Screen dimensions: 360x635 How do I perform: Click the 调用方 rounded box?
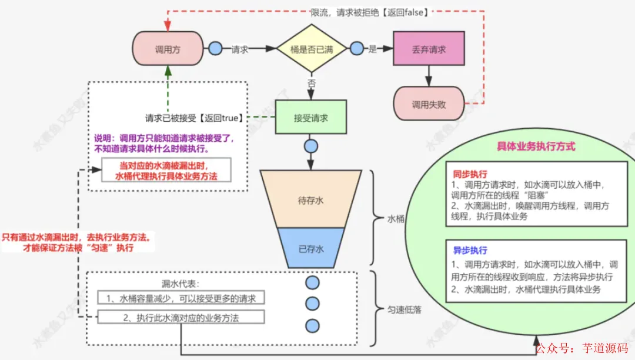[168, 49]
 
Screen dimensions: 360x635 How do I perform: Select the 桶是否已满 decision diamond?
[312, 49]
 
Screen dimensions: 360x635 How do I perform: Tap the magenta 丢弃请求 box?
[429, 49]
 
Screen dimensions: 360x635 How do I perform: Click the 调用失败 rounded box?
[429, 105]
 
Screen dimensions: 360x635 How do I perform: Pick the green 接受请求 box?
[311, 118]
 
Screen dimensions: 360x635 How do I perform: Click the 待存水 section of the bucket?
[311, 200]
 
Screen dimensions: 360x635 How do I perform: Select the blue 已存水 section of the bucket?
[311, 248]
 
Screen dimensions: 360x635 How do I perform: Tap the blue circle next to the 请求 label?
[215, 49]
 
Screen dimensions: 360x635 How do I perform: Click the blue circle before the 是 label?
[356, 49]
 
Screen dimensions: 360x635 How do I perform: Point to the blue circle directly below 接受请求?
[311, 146]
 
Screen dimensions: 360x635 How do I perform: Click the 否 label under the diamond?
[311, 84]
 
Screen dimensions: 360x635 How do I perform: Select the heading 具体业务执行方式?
[536, 146]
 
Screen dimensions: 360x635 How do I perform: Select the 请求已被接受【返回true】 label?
[194, 118]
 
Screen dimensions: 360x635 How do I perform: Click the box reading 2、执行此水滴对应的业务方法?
[181, 318]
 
